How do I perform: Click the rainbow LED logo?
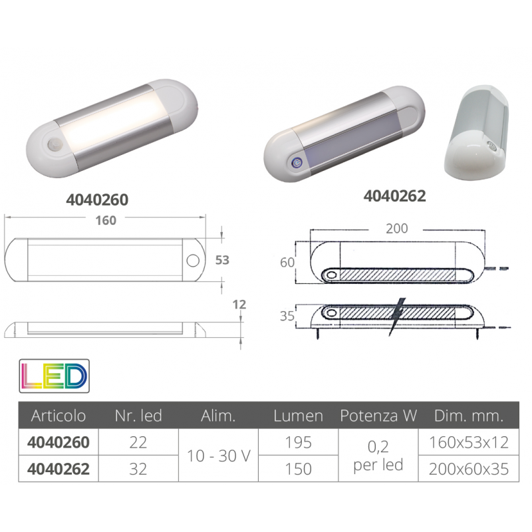coord(55,376)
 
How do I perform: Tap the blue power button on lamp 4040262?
coord(297,163)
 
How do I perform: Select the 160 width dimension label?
coord(106,221)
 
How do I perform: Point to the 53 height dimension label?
coord(222,260)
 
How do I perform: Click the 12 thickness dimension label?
coord(239,305)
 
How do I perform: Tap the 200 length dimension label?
coord(396,229)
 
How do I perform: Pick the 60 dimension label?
coord(287,262)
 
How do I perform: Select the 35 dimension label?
coord(287,316)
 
